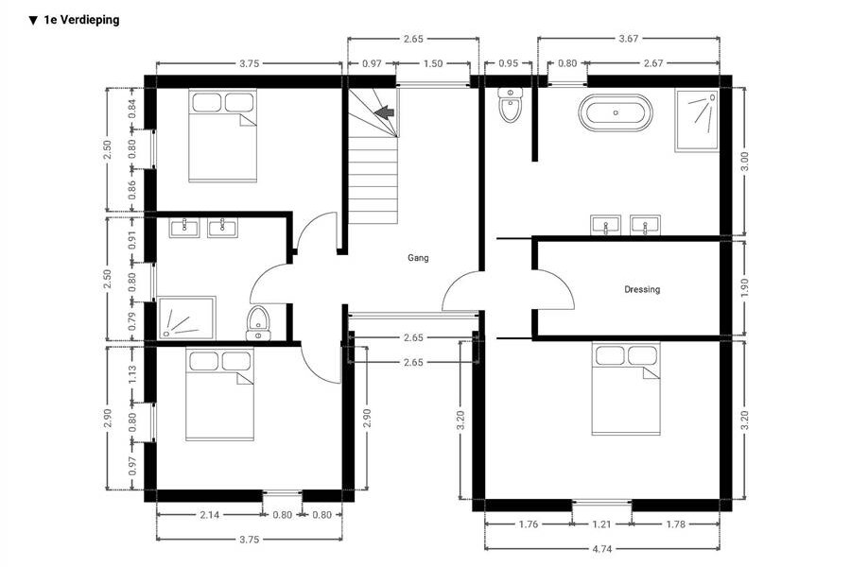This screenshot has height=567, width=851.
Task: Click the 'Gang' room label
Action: [x=418, y=258]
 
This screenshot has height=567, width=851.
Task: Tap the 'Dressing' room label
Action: [x=642, y=289]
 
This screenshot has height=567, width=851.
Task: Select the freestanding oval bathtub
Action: [x=616, y=112]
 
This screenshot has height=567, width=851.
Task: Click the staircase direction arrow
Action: [x=384, y=112]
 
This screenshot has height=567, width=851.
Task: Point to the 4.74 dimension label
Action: [x=601, y=548]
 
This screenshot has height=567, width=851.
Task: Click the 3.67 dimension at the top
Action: [x=629, y=39]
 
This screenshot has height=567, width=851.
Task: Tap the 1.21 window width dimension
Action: [x=601, y=524]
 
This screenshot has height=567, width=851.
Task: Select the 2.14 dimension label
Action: [x=209, y=514]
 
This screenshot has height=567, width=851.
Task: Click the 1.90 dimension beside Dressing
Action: [x=744, y=287]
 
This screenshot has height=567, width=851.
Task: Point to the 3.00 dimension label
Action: [x=744, y=162]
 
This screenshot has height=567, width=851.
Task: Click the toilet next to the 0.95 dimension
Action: [x=511, y=105]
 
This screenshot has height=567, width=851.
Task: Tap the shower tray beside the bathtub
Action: [x=697, y=121]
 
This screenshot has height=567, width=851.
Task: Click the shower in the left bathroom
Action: [x=186, y=318]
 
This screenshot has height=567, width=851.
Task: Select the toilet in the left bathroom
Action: [x=258, y=323]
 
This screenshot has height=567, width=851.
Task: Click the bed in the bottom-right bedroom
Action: [x=626, y=389]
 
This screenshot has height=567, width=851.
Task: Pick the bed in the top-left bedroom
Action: [x=222, y=136]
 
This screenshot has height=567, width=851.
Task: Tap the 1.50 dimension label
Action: [x=432, y=63]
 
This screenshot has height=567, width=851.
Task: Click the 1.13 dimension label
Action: [x=131, y=375]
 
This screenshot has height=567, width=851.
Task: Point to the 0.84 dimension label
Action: [x=131, y=109]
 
